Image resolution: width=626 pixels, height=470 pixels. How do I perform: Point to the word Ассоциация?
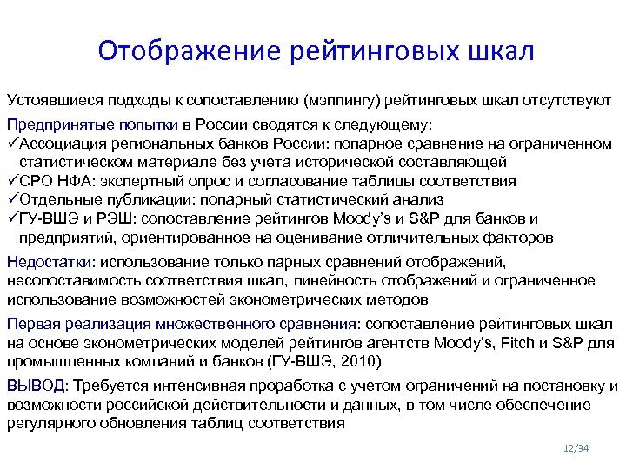[59, 144]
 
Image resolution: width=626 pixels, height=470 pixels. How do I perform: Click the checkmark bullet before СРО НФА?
[11, 181]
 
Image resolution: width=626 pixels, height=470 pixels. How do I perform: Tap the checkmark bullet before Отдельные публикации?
[11, 199]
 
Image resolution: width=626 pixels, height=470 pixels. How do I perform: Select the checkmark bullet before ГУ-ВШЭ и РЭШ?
[11, 218]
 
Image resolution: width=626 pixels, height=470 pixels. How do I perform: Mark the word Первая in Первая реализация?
[31, 324]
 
